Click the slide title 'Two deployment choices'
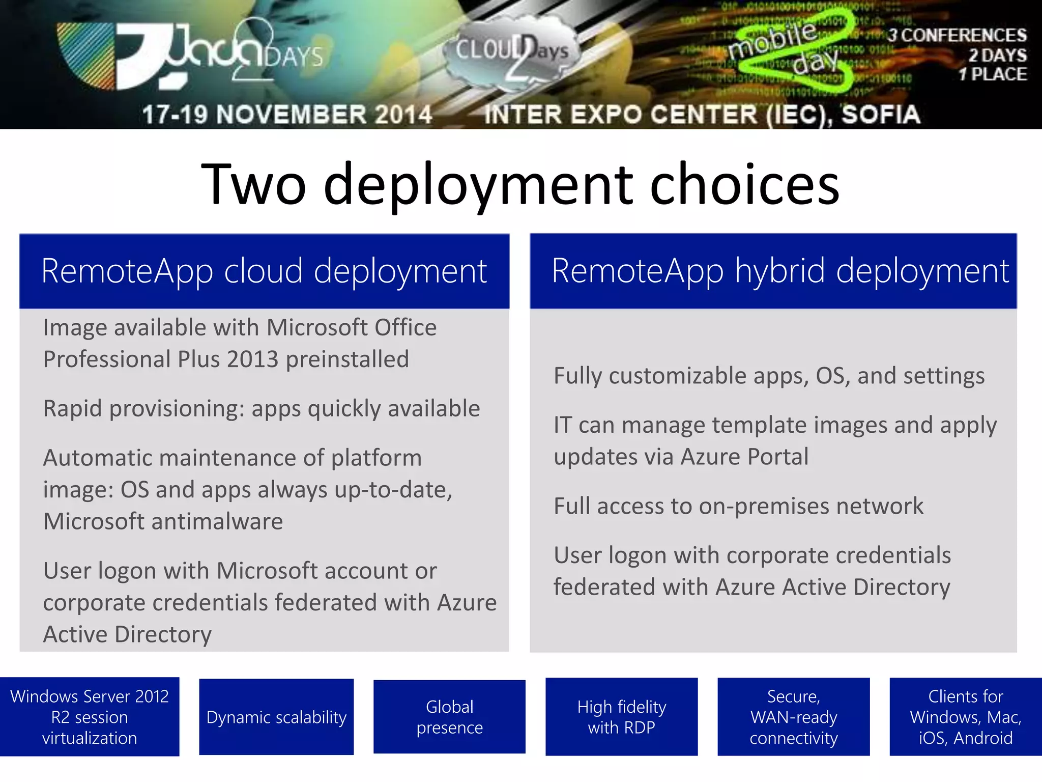520,184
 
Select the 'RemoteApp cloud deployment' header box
264,271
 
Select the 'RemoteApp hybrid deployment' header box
773,271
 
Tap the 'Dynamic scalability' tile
276,717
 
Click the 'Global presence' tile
449,717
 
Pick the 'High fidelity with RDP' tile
621,717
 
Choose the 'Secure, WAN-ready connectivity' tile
793,717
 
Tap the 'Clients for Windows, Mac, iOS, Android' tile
965,717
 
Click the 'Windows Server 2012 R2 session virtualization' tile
90,717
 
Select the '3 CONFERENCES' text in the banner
957,35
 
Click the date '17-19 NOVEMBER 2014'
287,115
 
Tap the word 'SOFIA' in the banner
880,115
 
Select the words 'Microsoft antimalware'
163,521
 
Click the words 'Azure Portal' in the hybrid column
744,457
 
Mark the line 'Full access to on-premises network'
738,506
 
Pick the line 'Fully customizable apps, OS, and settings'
769,376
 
